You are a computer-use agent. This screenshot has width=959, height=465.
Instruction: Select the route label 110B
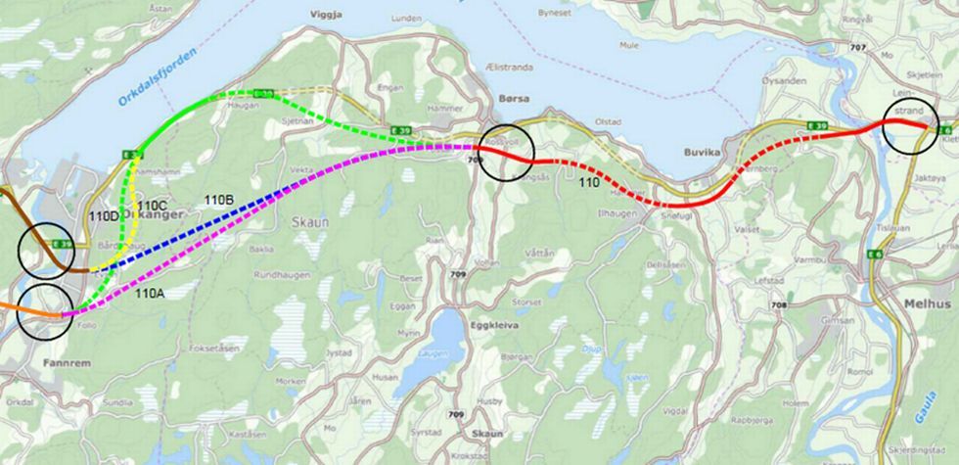(219, 200)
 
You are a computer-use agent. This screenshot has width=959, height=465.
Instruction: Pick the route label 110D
(105, 215)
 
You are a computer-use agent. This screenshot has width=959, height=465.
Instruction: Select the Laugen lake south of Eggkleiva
(446, 337)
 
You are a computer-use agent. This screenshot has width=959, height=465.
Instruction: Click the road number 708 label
(778, 305)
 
